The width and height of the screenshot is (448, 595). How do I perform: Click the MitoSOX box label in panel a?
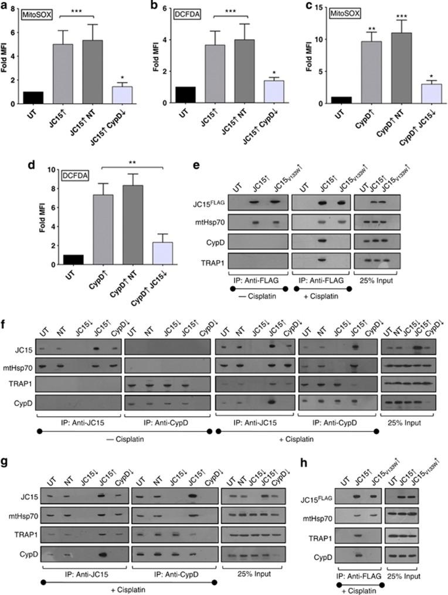pos(39,13)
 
